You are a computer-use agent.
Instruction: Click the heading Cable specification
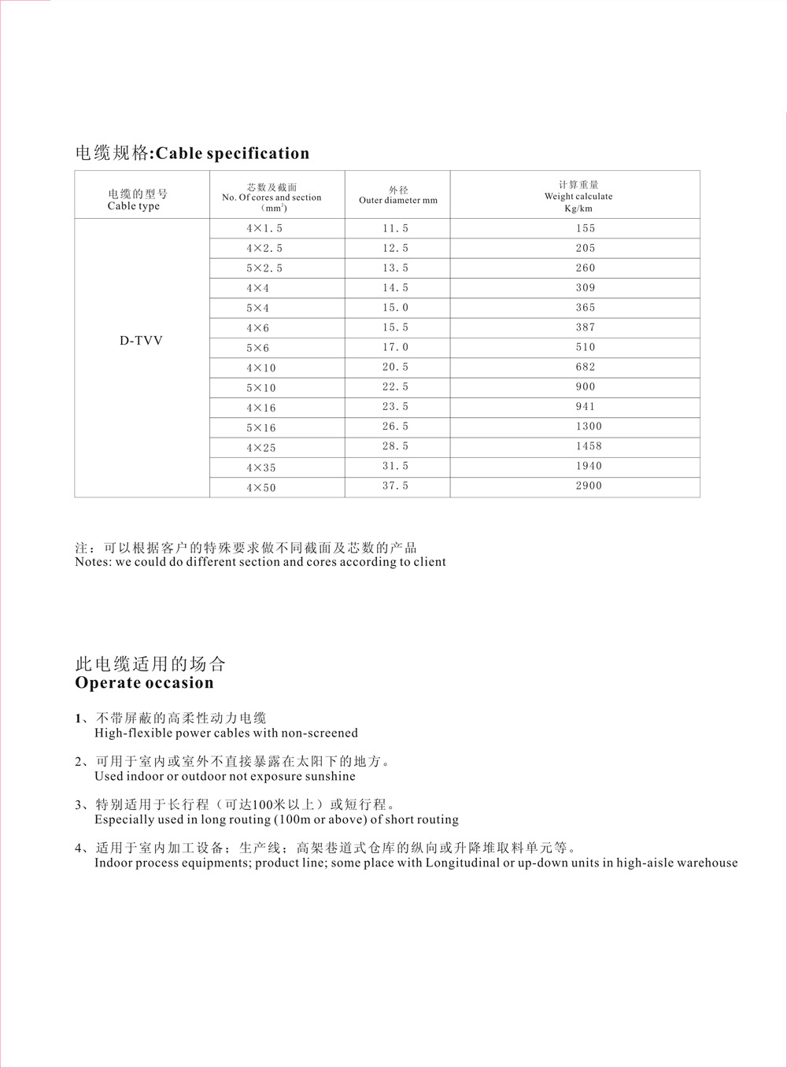pyautogui.click(x=232, y=153)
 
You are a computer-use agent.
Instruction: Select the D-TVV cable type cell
pyautogui.click(x=141, y=342)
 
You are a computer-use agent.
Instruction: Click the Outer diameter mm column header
pyautogui.click(x=397, y=195)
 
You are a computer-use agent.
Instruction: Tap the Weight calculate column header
pyautogui.click(x=578, y=197)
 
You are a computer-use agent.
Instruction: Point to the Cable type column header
pyautogui.click(x=136, y=200)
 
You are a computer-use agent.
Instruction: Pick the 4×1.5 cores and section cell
pyautogui.click(x=264, y=228)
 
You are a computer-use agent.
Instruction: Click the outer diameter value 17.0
pyautogui.click(x=396, y=347)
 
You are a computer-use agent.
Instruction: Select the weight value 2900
pyautogui.click(x=588, y=486)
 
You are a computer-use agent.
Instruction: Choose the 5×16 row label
pyautogui.click(x=261, y=428)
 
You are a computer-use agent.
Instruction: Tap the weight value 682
pyautogui.click(x=586, y=368)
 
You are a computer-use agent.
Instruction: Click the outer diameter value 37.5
pyautogui.click(x=396, y=486)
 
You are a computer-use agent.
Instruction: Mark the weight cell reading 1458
pyautogui.click(x=588, y=446)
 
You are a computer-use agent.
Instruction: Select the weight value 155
pyautogui.click(x=586, y=228)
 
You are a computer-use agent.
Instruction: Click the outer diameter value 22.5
pyautogui.click(x=396, y=387)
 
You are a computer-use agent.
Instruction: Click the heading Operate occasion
pyautogui.click(x=144, y=683)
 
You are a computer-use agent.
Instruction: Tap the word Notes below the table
pyautogui.click(x=93, y=562)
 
